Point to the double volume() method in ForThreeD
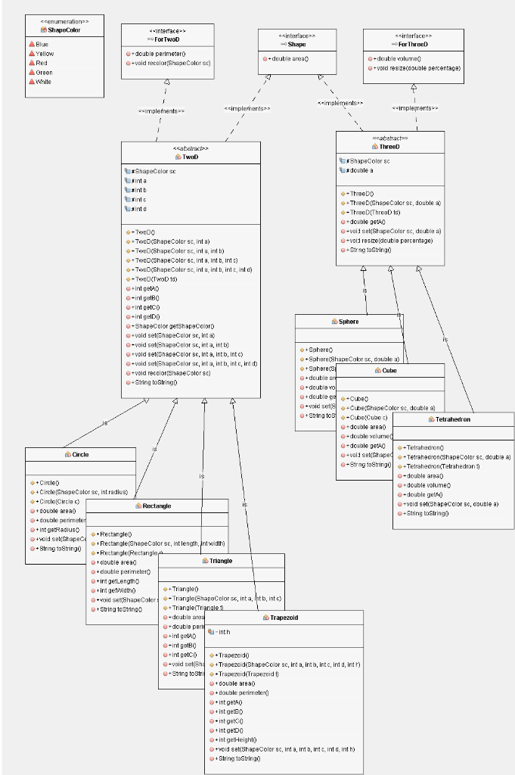coord(397,58)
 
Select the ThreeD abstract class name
coord(390,146)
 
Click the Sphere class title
coord(349,322)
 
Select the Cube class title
coord(389,371)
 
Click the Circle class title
coord(80,455)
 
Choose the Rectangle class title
coord(157,505)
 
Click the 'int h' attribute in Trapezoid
coord(225,630)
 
